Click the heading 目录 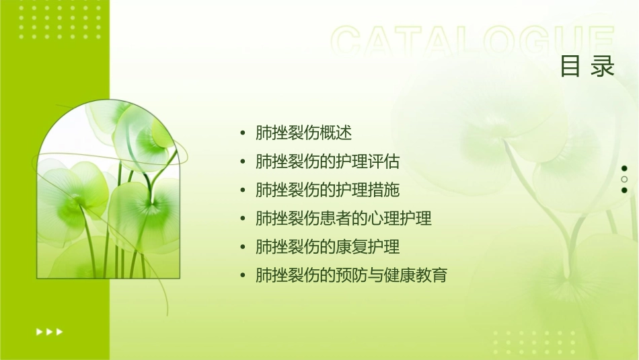pyautogui.click(x=587, y=67)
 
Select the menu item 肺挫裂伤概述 pyautogui.click(x=303, y=133)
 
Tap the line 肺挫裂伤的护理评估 pyautogui.click(x=328, y=161)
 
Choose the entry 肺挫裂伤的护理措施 pyautogui.click(x=328, y=190)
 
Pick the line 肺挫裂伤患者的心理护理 pyautogui.click(x=343, y=219)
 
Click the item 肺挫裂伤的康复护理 pyautogui.click(x=328, y=247)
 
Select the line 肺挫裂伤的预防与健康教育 pyautogui.click(x=351, y=275)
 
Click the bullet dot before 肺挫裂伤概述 pyautogui.click(x=243, y=133)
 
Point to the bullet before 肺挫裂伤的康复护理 pyautogui.click(x=243, y=248)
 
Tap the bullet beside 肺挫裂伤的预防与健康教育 pyautogui.click(x=243, y=276)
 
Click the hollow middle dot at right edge pyautogui.click(x=624, y=180)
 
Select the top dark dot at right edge pyautogui.click(x=624, y=168)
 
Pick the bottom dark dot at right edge pyautogui.click(x=624, y=190)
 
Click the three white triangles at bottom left pyautogui.click(x=50, y=331)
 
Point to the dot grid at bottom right pyautogui.click(x=531, y=343)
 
